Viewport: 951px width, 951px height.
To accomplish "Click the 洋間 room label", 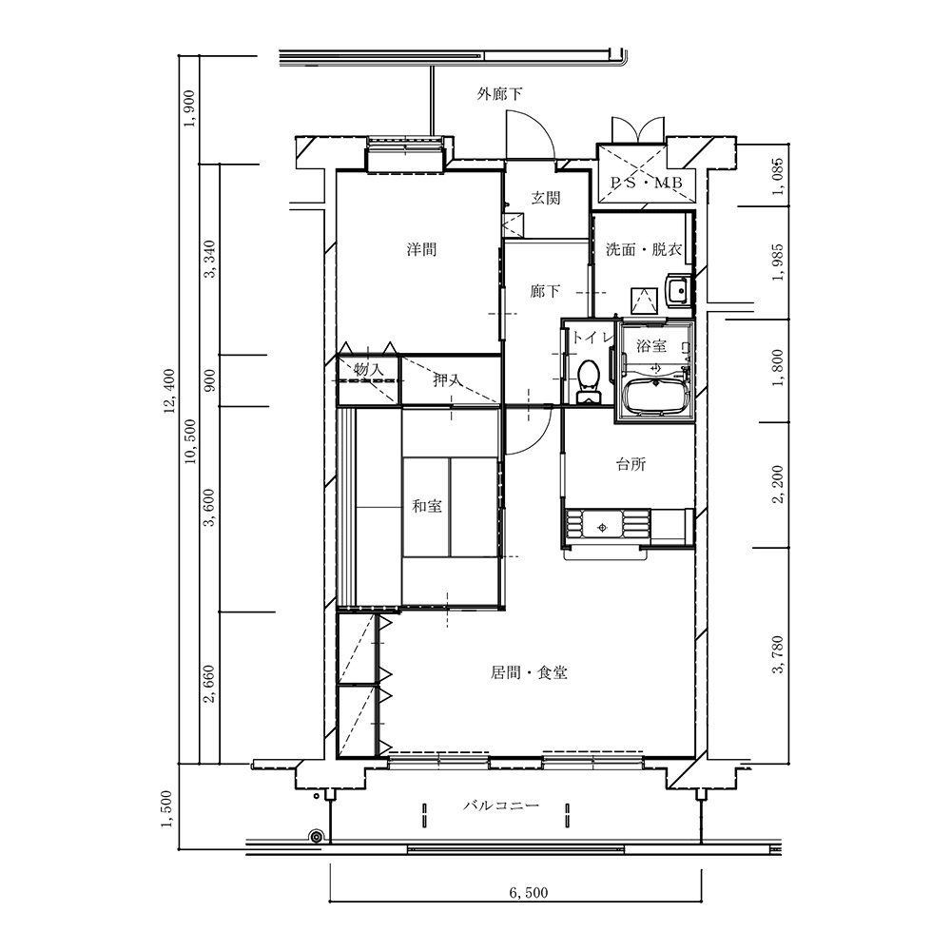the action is pos(421,249).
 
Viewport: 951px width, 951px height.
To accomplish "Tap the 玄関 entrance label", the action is pos(546,198).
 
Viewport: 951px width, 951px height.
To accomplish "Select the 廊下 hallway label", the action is pos(545,291).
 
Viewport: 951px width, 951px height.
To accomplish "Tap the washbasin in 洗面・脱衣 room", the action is pos(677,289).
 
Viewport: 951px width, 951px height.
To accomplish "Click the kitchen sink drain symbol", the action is pos(602,528).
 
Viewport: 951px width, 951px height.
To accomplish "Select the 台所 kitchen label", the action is pos(631,465).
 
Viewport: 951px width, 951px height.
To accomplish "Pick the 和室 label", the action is pos(427,506).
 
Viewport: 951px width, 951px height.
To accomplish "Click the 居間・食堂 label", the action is pos(529,672).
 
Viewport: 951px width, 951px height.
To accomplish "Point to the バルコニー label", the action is pos(501,805).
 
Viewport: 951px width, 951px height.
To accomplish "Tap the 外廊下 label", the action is pos(499,94).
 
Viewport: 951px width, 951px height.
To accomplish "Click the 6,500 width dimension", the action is pos(528,893).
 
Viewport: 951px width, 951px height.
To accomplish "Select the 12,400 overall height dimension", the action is pos(169,391).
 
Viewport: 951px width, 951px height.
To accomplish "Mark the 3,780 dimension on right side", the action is pos(778,654).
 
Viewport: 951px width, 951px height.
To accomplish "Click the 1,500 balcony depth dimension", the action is pos(167,808).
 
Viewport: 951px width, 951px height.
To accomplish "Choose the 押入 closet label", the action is pos(447,380).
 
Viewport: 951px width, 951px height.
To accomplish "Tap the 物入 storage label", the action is pos(369,369).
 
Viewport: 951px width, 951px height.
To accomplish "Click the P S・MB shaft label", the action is pos(647,183).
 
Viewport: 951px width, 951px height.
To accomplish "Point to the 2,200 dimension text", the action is pos(778,484).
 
